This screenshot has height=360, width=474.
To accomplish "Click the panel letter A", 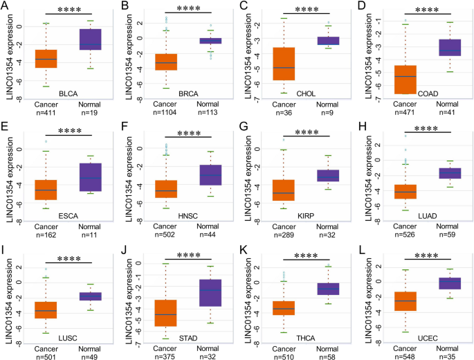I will tap(6, 6).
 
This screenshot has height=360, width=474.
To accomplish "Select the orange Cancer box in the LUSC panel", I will tap(47, 300).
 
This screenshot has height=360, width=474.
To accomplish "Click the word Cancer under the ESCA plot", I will tap(47, 226).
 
